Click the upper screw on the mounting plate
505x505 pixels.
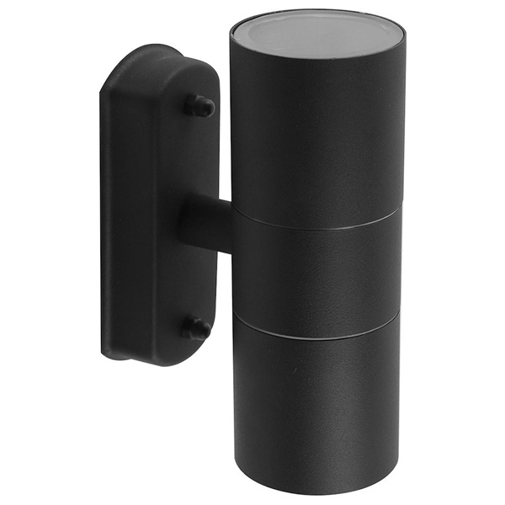[199, 105]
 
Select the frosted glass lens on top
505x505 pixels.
[316, 34]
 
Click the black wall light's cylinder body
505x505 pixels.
[316, 252]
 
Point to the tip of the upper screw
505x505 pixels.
[210, 108]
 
